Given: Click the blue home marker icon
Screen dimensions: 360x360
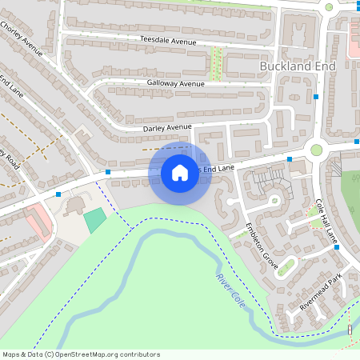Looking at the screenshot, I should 179,172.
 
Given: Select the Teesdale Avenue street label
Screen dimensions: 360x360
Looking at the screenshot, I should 167,40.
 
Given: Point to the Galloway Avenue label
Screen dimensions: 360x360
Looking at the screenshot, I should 175,83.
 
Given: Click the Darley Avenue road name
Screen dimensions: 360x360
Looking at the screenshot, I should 167,128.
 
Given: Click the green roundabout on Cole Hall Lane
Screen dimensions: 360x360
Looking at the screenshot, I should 316,150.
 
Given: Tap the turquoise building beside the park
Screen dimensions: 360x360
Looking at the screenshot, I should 95,220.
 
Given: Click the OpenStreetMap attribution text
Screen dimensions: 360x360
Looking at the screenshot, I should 81,354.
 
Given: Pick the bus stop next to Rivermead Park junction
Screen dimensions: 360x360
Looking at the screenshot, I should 337,247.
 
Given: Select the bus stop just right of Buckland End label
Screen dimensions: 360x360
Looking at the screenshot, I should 317,97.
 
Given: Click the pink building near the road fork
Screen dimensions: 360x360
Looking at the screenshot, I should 38,218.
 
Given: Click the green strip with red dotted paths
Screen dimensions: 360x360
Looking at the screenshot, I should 214,63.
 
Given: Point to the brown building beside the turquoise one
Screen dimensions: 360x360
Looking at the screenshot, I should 74,206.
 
